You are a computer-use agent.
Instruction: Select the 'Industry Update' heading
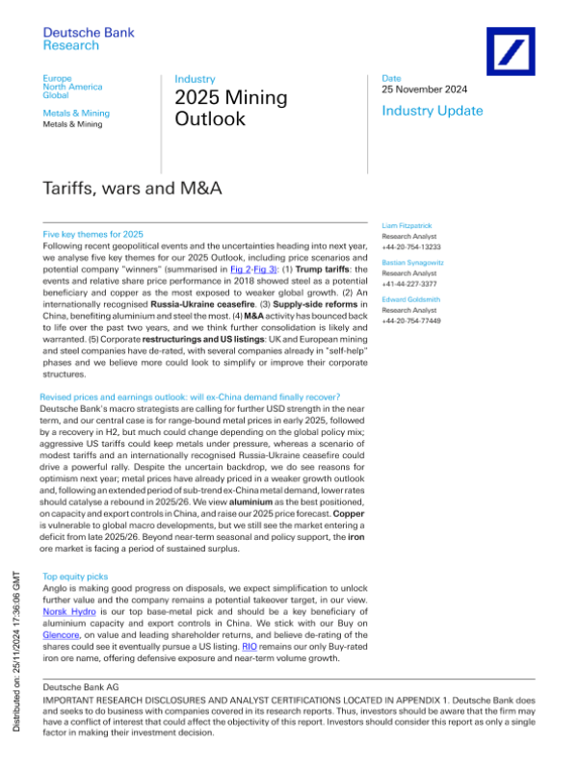coord(433,112)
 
